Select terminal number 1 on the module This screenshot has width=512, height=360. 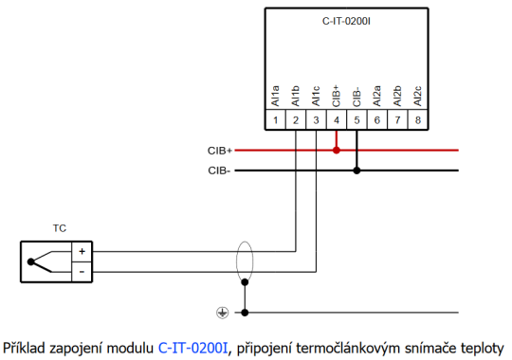(x=275, y=120)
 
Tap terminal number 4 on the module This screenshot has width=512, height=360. (x=337, y=120)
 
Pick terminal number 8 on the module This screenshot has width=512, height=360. (x=418, y=120)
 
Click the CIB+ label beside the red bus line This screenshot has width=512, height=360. (x=219, y=150)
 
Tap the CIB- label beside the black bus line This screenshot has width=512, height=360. (x=219, y=171)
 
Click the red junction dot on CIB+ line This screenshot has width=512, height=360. (x=337, y=150)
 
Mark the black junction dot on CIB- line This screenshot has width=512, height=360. (x=357, y=171)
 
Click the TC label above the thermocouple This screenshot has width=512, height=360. (x=60, y=228)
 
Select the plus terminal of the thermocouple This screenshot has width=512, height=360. (x=82, y=251)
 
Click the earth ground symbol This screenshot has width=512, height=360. (x=223, y=312)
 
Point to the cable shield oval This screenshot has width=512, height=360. (x=246, y=261)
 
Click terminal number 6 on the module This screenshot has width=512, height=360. (x=377, y=120)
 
